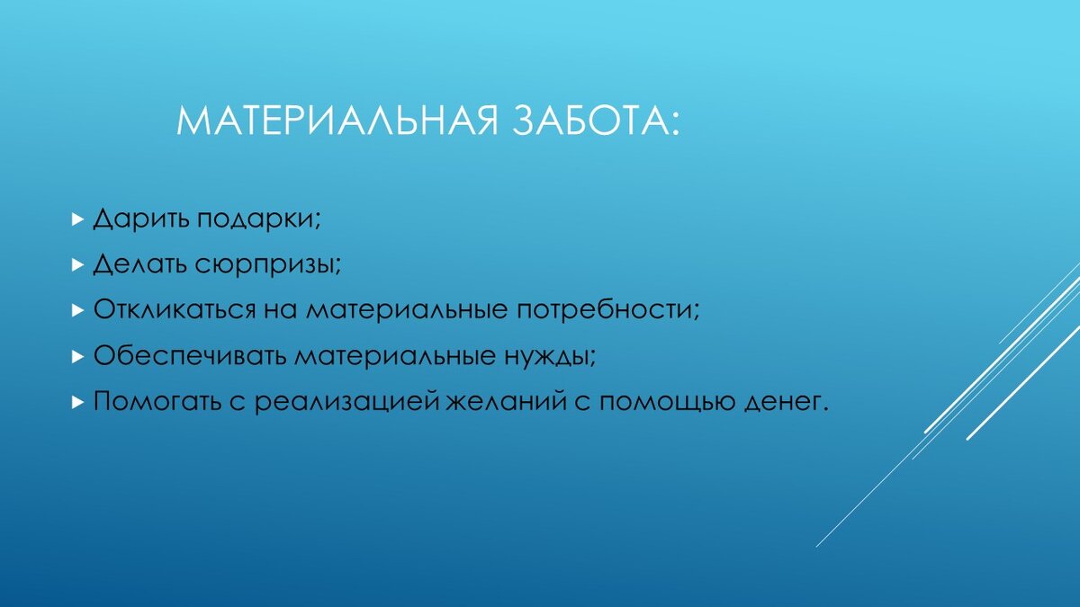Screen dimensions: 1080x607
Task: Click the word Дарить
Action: coord(141,219)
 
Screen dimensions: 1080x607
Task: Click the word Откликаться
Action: coord(175,309)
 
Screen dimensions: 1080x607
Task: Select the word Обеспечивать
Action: coord(190,355)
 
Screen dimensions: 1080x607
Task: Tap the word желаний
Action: coord(505,401)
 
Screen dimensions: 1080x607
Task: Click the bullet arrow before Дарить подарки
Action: coord(77,219)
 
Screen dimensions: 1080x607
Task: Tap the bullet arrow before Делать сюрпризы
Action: coord(77,265)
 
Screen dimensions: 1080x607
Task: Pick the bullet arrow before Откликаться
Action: coord(77,310)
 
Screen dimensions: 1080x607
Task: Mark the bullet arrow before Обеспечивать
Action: coord(77,356)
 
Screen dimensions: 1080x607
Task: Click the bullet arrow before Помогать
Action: coord(77,402)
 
